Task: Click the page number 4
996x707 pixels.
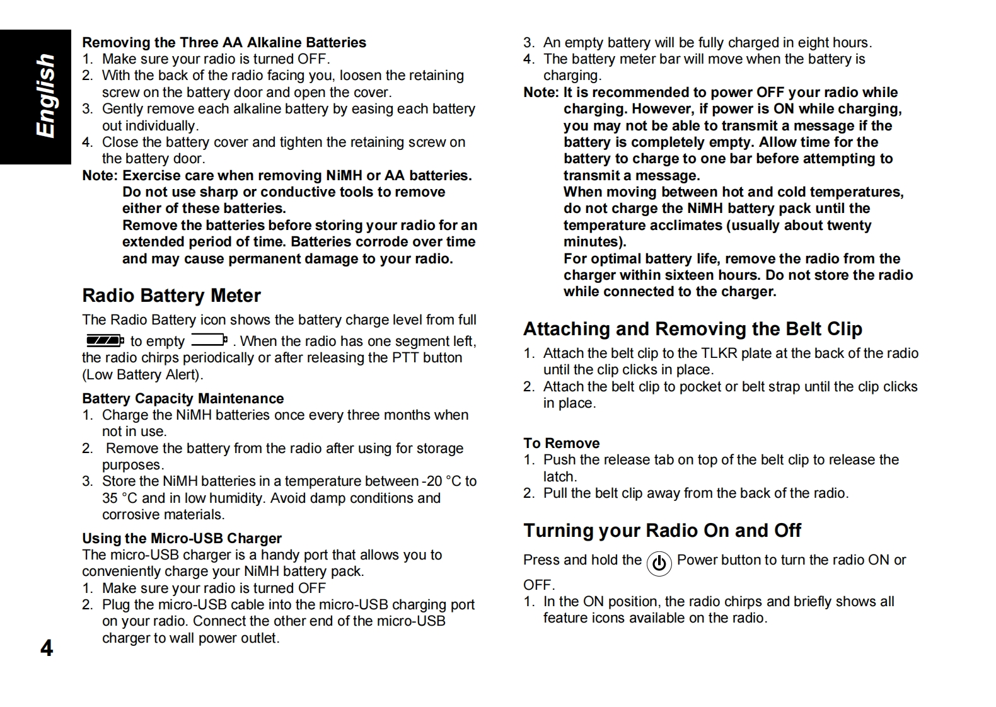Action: click(x=47, y=648)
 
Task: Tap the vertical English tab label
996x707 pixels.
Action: click(x=45, y=96)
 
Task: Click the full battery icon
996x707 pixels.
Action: click(x=105, y=341)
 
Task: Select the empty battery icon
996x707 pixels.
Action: click(x=209, y=341)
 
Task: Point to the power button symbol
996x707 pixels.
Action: click(x=659, y=563)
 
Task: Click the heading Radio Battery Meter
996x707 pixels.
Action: click(x=171, y=296)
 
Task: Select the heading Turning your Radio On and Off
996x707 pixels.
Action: click(x=662, y=531)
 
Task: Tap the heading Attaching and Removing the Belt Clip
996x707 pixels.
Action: click(x=692, y=329)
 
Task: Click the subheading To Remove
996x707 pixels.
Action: click(x=561, y=443)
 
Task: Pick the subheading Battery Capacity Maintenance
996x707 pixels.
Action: click(x=183, y=398)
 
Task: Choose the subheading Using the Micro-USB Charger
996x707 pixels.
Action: click(x=182, y=538)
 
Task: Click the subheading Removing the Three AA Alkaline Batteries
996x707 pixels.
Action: click(x=224, y=42)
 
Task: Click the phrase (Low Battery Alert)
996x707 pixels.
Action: click(x=142, y=374)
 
